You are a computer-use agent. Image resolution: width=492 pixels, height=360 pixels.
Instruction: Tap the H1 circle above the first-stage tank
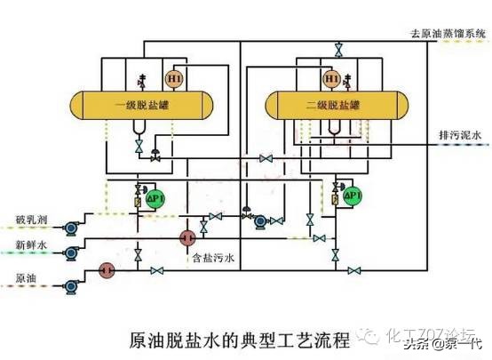(174, 79)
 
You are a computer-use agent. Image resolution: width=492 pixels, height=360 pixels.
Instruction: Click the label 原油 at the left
(27, 276)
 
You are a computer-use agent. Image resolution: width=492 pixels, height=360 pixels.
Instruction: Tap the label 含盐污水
(213, 259)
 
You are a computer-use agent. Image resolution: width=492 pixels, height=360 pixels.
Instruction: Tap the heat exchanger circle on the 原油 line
(107, 268)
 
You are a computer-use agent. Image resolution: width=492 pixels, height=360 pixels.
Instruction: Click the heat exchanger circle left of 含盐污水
(187, 238)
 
